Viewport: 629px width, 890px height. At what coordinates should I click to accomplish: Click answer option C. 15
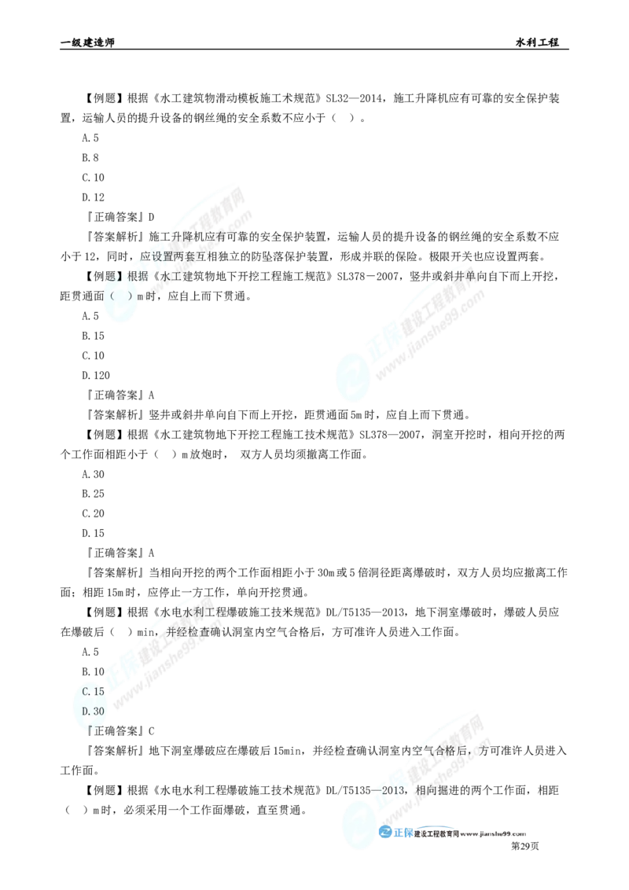coord(93,692)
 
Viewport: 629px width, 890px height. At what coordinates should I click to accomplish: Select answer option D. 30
coord(93,711)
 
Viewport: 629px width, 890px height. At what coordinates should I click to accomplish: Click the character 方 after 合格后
coord(484,752)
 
